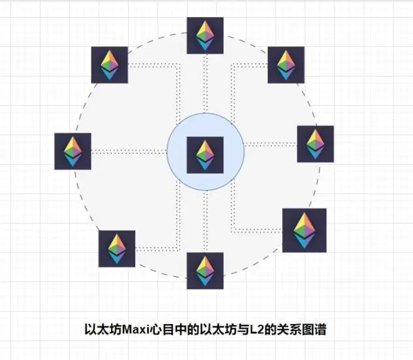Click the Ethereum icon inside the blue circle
(x=205, y=155)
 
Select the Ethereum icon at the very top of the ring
(x=205, y=35)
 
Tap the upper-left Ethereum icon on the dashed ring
(x=110, y=65)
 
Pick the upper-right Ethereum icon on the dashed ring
(x=286, y=65)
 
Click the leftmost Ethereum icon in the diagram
(x=73, y=152)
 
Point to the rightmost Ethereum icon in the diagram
(x=315, y=144)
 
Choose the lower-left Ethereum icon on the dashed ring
(x=117, y=249)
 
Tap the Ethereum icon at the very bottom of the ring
(x=205, y=270)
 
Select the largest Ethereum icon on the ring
(x=305, y=231)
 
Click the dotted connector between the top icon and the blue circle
(x=205, y=84)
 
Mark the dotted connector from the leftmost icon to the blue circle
(x=129, y=152)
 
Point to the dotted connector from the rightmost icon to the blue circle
(x=271, y=144)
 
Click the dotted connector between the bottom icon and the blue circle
(x=205, y=221)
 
